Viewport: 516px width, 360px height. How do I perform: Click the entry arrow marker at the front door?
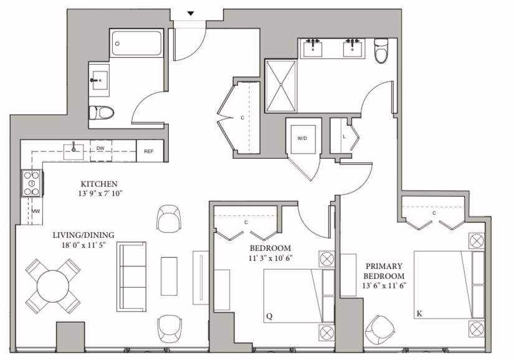tap(191, 14)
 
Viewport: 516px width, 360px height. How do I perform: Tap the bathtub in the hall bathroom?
tap(136, 44)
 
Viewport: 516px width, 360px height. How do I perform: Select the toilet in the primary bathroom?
tap(381, 50)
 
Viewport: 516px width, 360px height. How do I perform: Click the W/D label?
tap(302, 138)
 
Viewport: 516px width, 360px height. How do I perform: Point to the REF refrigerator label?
tap(149, 151)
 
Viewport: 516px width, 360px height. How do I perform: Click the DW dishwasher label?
tap(100, 149)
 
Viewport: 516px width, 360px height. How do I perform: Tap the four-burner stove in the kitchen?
tap(32, 183)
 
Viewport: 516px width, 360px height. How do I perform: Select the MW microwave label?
tap(36, 211)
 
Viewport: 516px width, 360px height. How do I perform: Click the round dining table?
tap(52, 286)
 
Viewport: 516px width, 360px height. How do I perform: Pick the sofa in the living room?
tap(131, 277)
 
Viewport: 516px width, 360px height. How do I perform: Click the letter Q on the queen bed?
tap(269, 316)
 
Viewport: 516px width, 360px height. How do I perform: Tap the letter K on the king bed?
tap(419, 314)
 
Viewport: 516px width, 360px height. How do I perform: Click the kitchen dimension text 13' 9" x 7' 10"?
tap(100, 193)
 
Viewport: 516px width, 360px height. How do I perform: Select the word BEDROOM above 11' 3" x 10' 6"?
tap(270, 249)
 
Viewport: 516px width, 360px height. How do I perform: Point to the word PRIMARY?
tap(384, 266)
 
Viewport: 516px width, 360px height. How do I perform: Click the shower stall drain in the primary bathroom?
tap(281, 85)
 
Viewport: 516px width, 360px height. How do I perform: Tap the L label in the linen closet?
tap(344, 136)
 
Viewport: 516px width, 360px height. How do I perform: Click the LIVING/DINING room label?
tap(84, 235)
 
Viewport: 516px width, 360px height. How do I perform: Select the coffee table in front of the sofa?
tap(169, 276)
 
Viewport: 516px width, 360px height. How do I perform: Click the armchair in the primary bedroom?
tap(380, 329)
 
